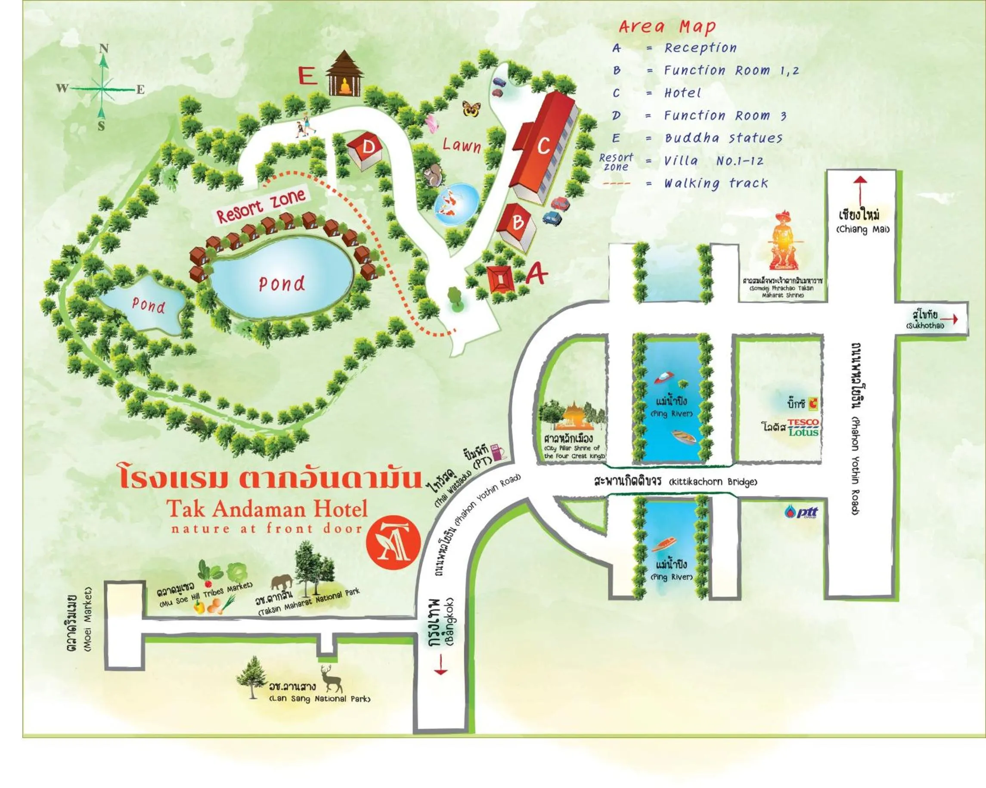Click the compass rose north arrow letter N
[104, 49]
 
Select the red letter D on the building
[368, 147]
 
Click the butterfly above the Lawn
[471, 109]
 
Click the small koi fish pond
[456, 204]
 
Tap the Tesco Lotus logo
[803, 427]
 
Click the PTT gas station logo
[801, 512]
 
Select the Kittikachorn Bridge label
[676, 481]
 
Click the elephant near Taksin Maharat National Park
[281, 582]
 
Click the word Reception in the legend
[700, 47]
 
